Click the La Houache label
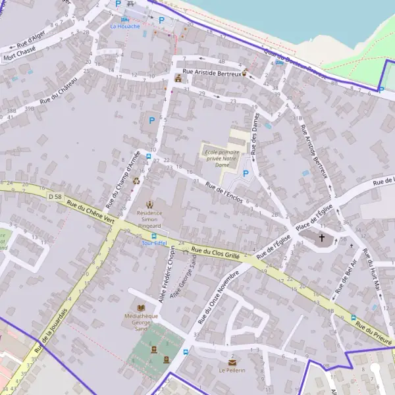coord(124,26)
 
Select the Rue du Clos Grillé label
coord(215,252)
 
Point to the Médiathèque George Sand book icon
coord(141,307)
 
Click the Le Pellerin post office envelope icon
coord(232,361)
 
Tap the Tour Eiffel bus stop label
coord(155,243)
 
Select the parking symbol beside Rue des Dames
coord(246,174)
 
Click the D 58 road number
coord(55,196)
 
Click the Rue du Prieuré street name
coord(375,334)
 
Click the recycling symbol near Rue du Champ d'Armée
coord(136,180)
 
